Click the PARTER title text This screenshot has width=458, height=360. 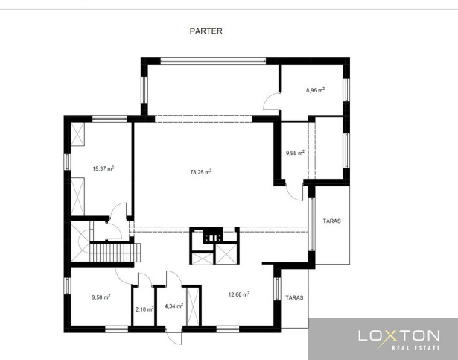206,31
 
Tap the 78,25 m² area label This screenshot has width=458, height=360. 201,172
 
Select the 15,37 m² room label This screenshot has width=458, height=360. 103,168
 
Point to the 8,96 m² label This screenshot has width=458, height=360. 315,90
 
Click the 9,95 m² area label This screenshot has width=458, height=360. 295,153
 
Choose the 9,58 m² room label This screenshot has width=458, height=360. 101,297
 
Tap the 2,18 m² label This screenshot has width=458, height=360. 144,309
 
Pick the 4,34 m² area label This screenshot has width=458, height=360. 174,306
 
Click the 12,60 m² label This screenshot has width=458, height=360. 239,294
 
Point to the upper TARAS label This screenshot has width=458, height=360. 332,221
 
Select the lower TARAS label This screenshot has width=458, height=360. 294,297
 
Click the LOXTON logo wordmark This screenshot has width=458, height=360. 399,335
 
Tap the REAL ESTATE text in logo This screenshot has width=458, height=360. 416,348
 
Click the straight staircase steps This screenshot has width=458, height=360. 115,253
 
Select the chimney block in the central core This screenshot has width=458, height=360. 213,235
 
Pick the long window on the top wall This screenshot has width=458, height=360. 213,61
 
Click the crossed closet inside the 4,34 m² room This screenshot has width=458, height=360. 193,306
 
